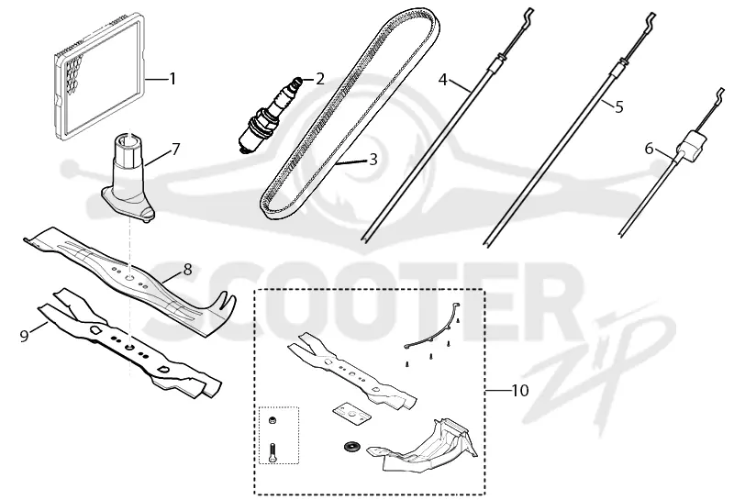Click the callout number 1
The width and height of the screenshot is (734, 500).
click(172, 79)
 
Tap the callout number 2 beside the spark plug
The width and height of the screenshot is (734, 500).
click(319, 79)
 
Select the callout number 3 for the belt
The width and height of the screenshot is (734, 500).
click(373, 160)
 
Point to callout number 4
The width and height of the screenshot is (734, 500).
click(443, 80)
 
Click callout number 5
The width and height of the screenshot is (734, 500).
click(618, 107)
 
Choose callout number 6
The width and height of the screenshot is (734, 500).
click(649, 149)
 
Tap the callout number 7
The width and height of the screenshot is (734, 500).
click(175, 150)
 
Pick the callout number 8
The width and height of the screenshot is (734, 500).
click(187, 269)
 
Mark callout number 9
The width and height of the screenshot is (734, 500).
click(25, 335)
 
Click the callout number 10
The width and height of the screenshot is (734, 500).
click(519, 390)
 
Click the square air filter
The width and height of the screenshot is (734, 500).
click(100, 76)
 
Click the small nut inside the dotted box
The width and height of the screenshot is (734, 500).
click(272, 420)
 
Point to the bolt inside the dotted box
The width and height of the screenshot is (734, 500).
click(272, 452)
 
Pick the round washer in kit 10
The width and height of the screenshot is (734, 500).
click(350, 447)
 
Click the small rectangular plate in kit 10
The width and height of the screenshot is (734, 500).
click(351, 414)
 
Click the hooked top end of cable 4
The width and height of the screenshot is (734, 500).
click(527, 17)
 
